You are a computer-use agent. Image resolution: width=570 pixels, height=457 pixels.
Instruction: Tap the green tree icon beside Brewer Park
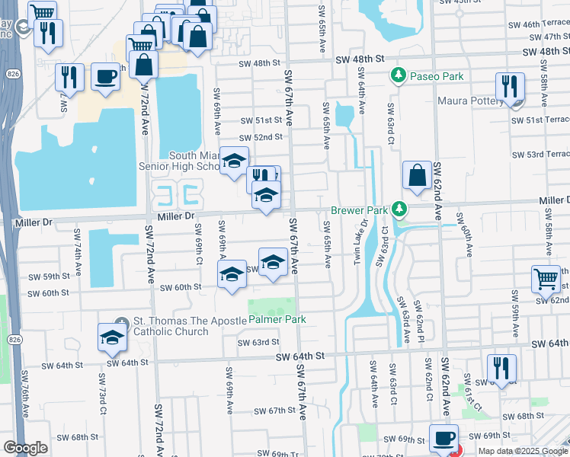[x=398, y=209]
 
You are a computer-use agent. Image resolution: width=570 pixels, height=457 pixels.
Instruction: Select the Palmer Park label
[x=277, y=319]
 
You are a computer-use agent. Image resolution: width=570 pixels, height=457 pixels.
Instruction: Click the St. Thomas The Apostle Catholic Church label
[x=171, y=326]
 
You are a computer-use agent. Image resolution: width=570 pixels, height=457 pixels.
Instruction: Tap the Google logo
[x=25, y=448]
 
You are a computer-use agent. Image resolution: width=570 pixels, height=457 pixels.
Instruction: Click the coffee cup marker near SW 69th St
[x=444, y=438]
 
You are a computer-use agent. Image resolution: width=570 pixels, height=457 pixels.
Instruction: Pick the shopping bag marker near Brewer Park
[x=418, y=176]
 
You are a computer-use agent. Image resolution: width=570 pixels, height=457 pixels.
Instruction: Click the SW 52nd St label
[x=261, y=137]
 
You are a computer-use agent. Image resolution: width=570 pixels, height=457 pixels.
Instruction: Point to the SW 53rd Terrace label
[x=540, y=155]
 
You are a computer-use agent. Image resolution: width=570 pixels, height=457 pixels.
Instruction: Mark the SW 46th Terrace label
[x=540, y=25]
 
